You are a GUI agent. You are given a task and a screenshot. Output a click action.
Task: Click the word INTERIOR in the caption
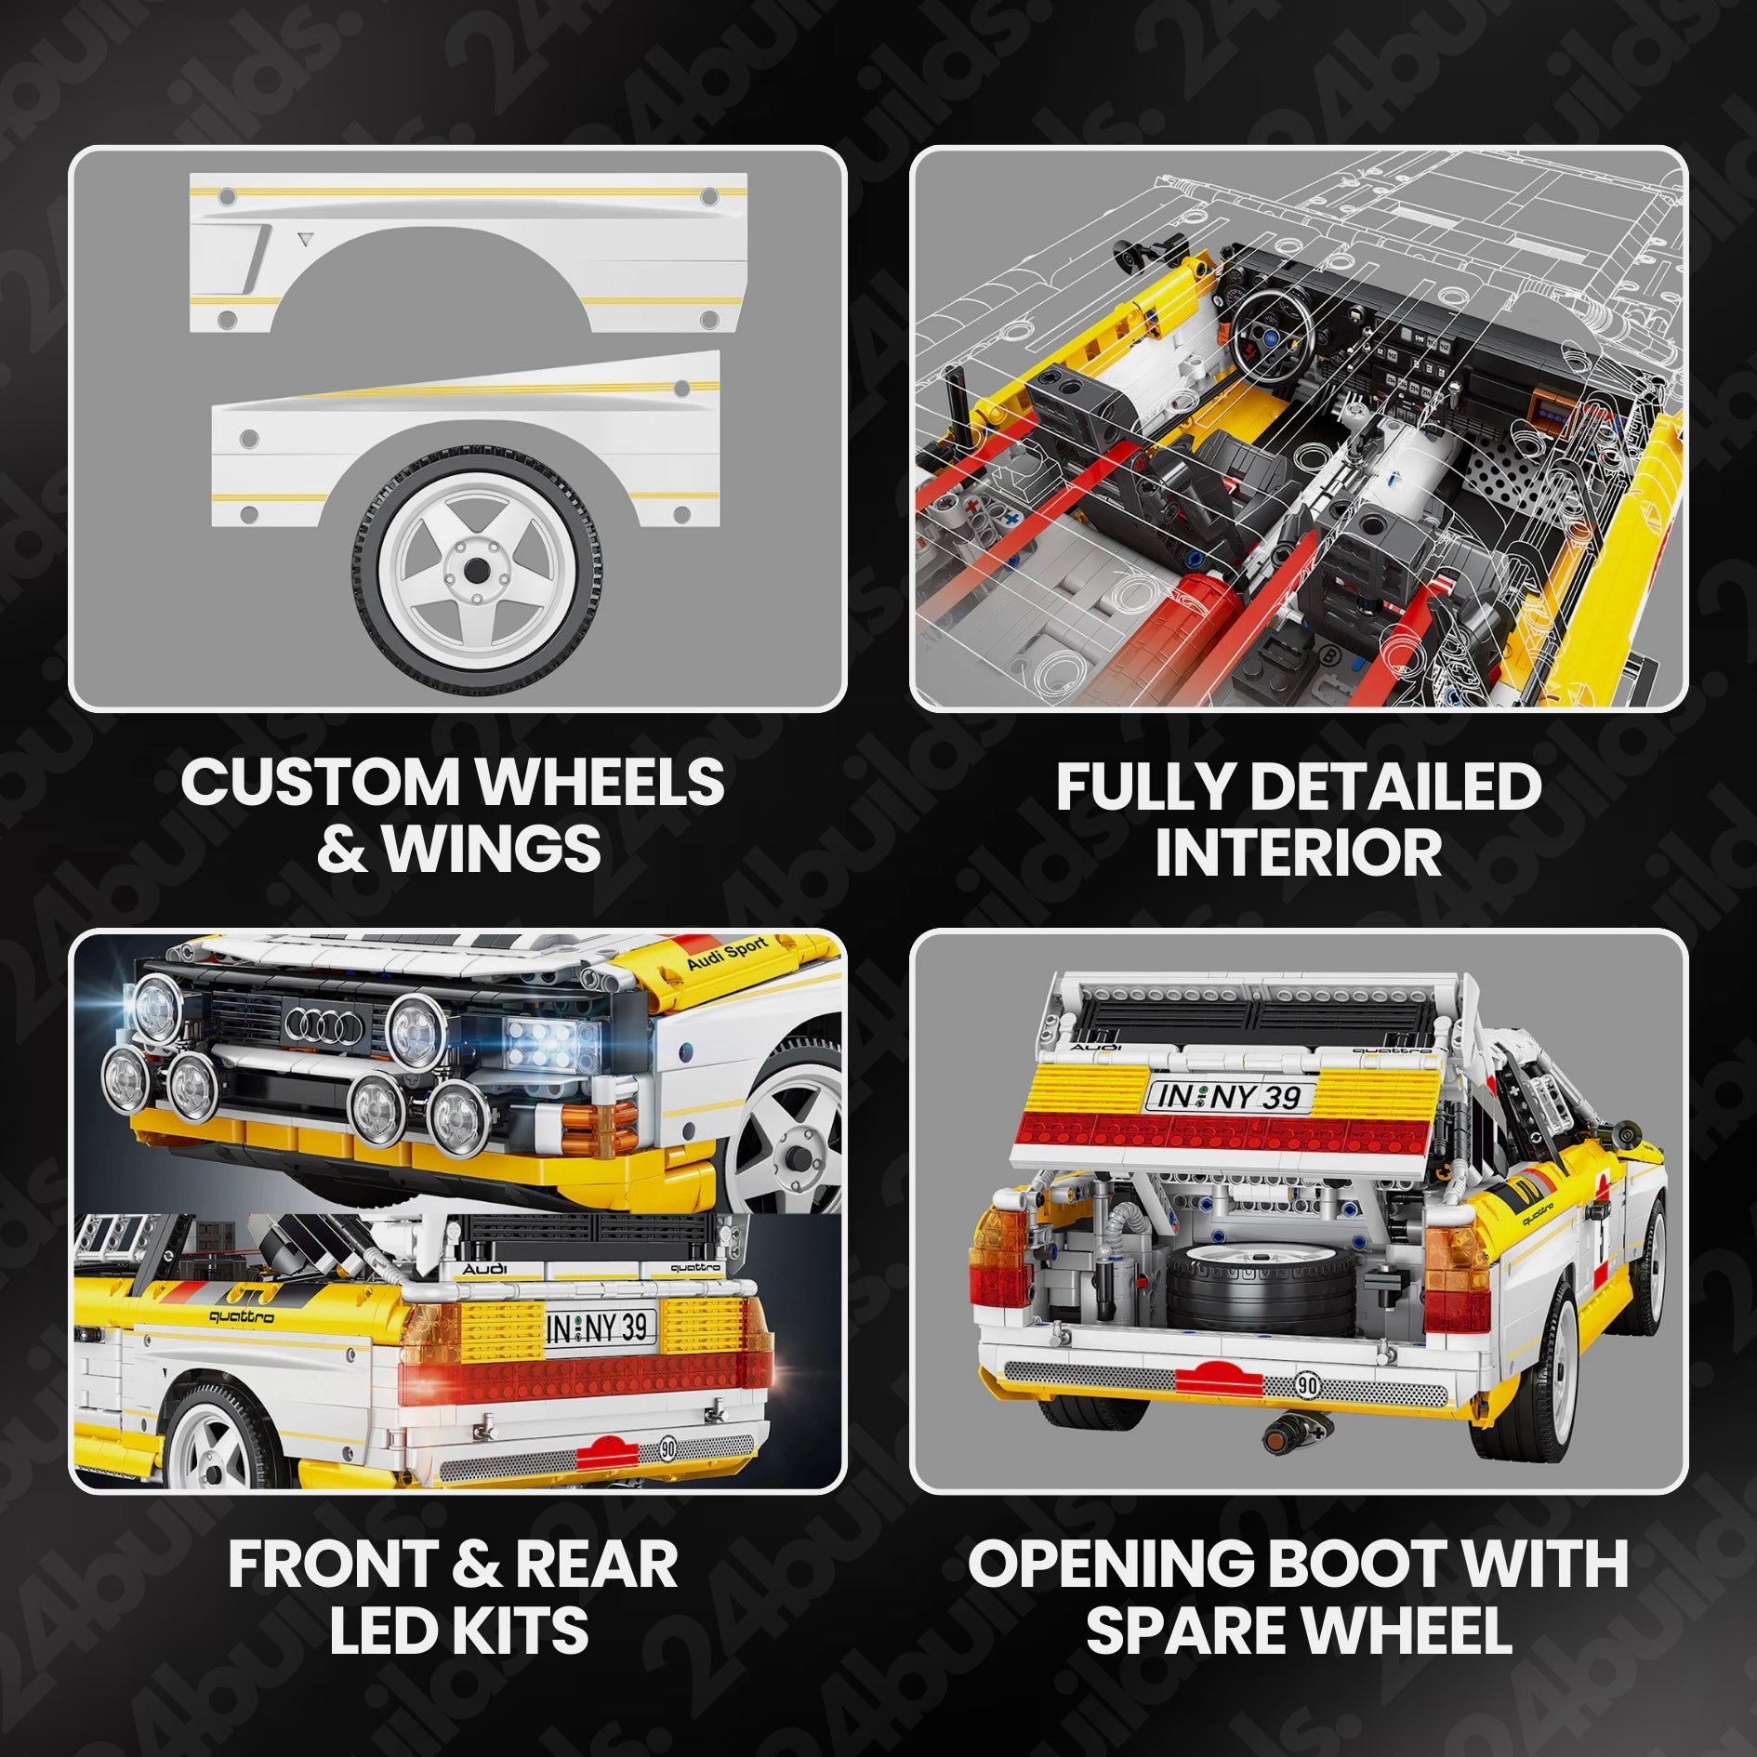1298,852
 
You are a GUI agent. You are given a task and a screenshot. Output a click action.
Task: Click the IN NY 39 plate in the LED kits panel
600,1328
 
